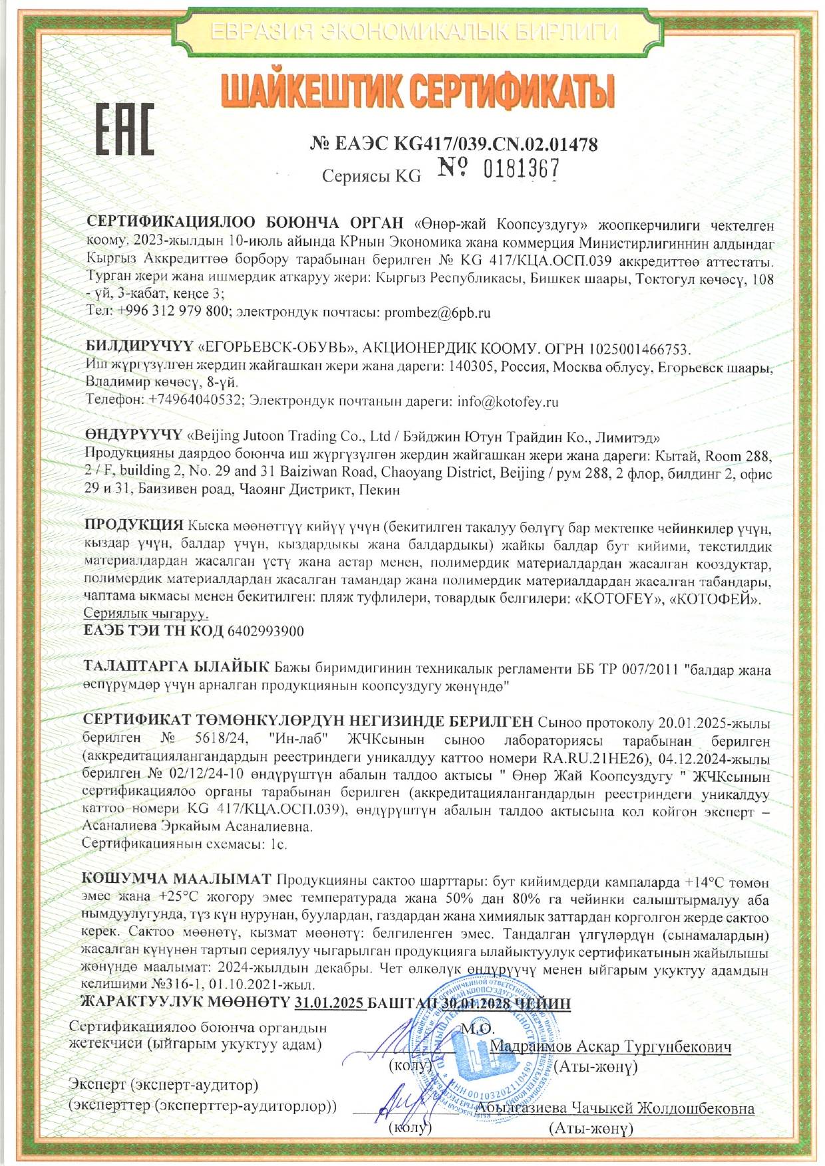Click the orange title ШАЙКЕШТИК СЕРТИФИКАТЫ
[x=417, y=92]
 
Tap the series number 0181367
[x=521, y=171]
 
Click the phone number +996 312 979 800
[x=174, y=312]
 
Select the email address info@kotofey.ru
[x=508, y=402]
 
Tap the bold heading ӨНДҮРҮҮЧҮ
[x=133, y=435]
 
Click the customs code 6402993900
[x=265, y=631]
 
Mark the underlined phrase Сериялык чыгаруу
[x=146, y=613]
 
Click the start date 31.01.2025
[x=330, y=1003]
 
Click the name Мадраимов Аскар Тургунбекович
[x=610, y=1047]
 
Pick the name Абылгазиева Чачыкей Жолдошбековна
[x=616, y=1108]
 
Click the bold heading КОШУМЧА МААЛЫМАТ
[x=176, y=879]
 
